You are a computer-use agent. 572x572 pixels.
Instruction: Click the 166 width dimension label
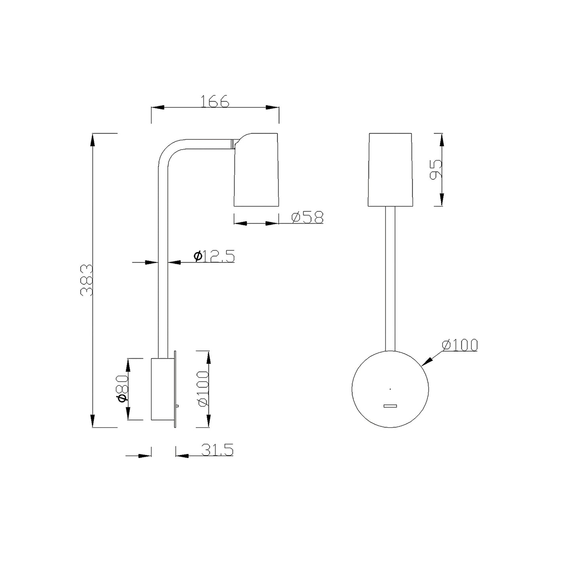click(215, 101)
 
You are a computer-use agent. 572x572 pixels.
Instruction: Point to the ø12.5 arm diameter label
click(214, 256)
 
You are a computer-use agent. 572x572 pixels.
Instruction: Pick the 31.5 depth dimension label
click(217, 450)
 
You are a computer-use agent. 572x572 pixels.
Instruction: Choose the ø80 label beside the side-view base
click(123, 389)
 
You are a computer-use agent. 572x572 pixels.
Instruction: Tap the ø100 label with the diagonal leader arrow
click(460, 345)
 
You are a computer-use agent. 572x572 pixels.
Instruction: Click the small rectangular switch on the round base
click(390, 406)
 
